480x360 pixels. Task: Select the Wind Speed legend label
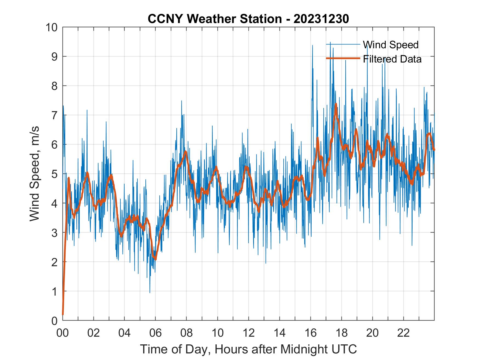tap(391, 45)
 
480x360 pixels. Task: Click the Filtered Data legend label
tap(392, 59)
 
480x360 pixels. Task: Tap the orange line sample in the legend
tap(343, 58)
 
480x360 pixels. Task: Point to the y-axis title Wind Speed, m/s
tap(35, 173)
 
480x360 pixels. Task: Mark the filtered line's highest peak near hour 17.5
tap(336, 104)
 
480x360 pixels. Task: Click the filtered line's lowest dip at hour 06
tap(156, 259)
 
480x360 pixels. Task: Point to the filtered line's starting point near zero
tap(63, 314)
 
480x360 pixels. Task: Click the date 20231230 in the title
tap(321, 19)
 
